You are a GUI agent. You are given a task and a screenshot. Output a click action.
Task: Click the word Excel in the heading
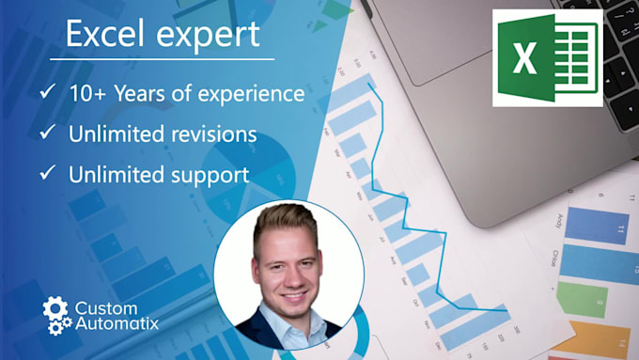(103, 35)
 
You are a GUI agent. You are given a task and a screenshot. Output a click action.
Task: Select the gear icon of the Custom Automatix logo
(56, 315)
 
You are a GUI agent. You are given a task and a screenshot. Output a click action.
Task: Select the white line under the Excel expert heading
(162, 58)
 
